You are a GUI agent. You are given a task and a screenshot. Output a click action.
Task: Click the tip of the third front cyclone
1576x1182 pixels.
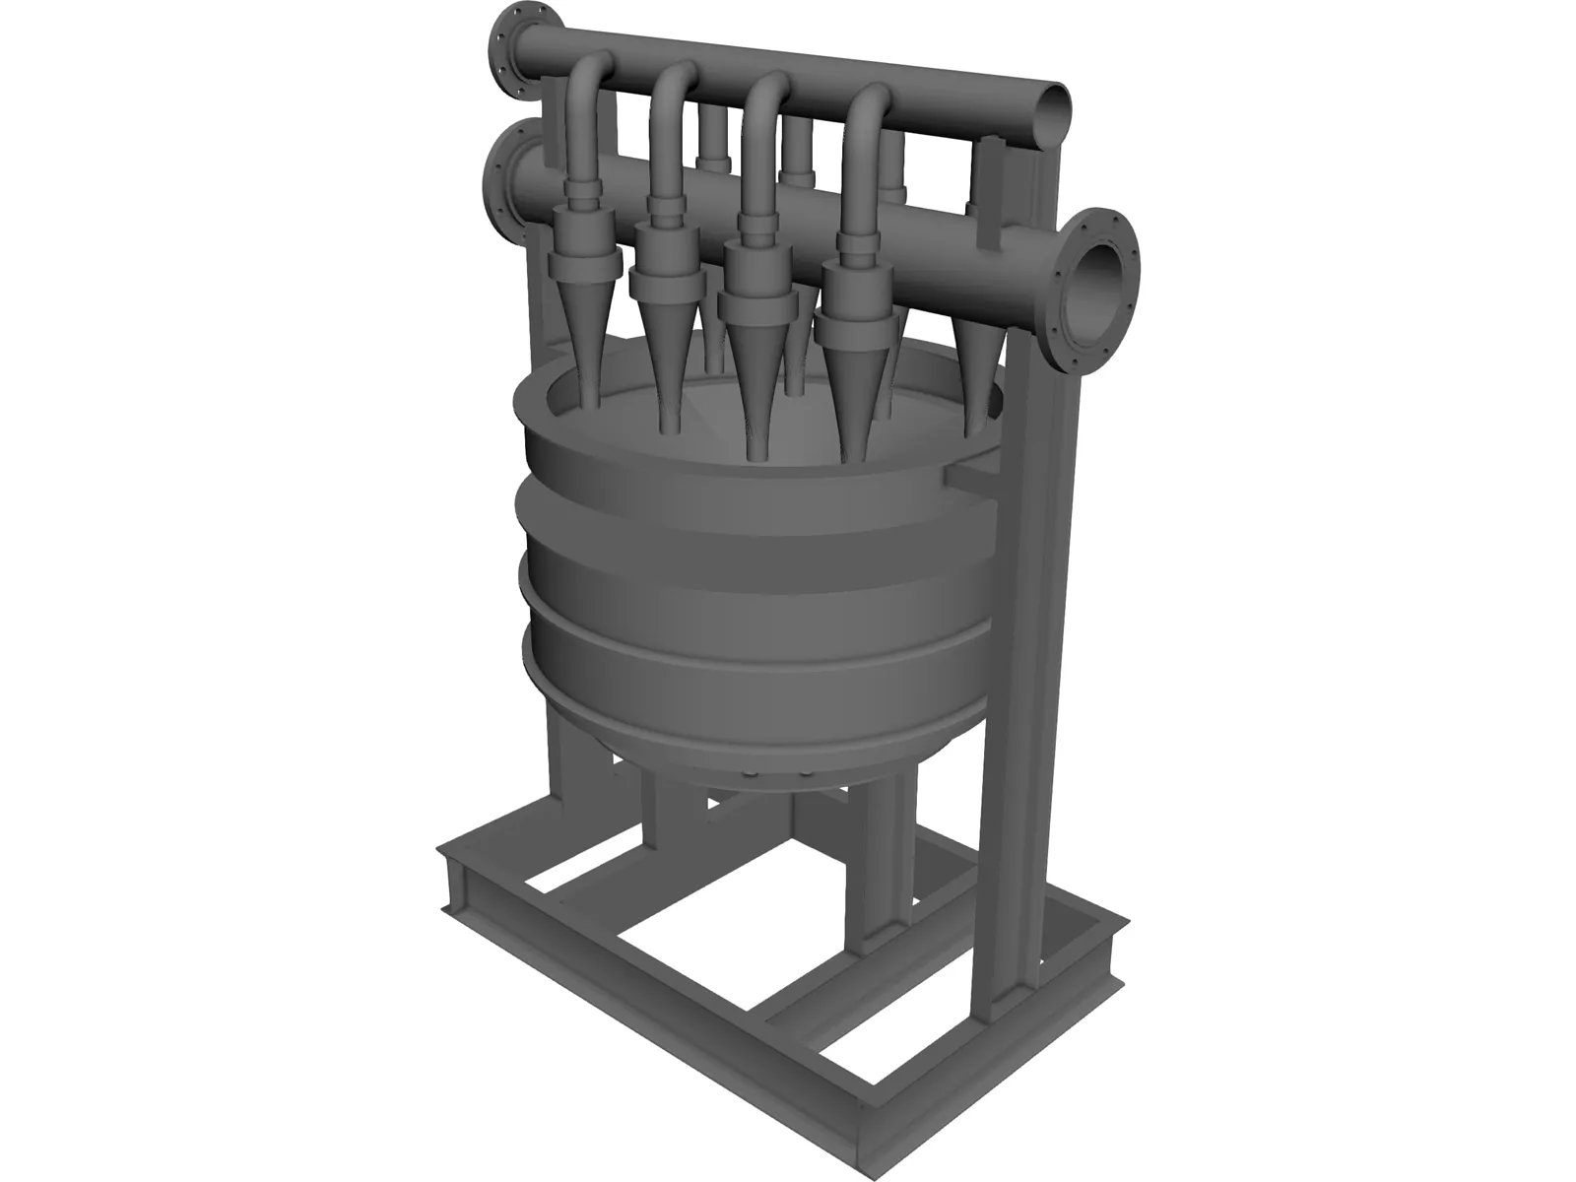coord(756,448)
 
